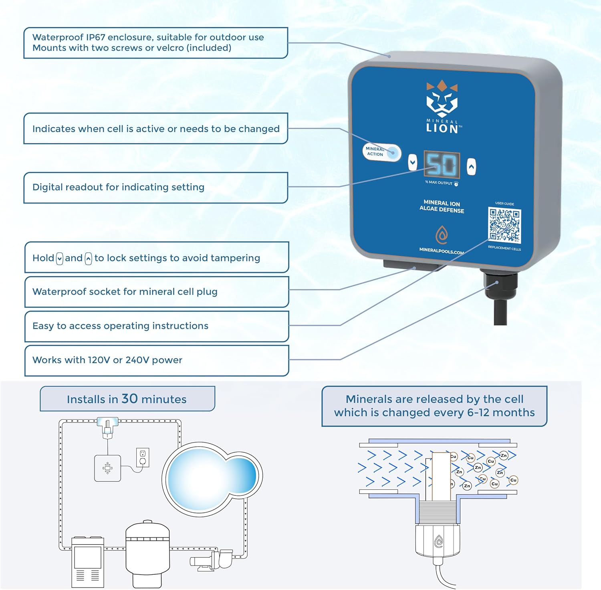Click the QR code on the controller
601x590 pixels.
pyautogui.click(x=504, y=225)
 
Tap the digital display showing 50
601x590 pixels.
pyautogui.click(x=442, y=165)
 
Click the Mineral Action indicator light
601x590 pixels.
pyautogui.click(x=393, y=153)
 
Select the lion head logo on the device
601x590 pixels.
pyautogui.click(x=442, y=100)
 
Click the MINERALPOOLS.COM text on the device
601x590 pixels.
pyautogui.click(x=441, y=251)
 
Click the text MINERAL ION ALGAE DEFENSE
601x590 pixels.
pyautogui.click(x=442, y=206)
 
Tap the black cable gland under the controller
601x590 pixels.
pyautogui.click(x=497, y=285)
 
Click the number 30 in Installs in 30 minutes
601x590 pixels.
pyautogui.click(x=129, y=399)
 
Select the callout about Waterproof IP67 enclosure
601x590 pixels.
pyautogui.click(x=155, y=43)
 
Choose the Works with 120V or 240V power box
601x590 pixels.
pyautogui.click(x=156, y=360)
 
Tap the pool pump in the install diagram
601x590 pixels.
pyautogui.click(x=212, y=559)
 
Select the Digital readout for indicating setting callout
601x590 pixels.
pyautogui.click(x=155, y=188)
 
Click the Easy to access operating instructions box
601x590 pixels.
pyautogui.click(x=156, y=326)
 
